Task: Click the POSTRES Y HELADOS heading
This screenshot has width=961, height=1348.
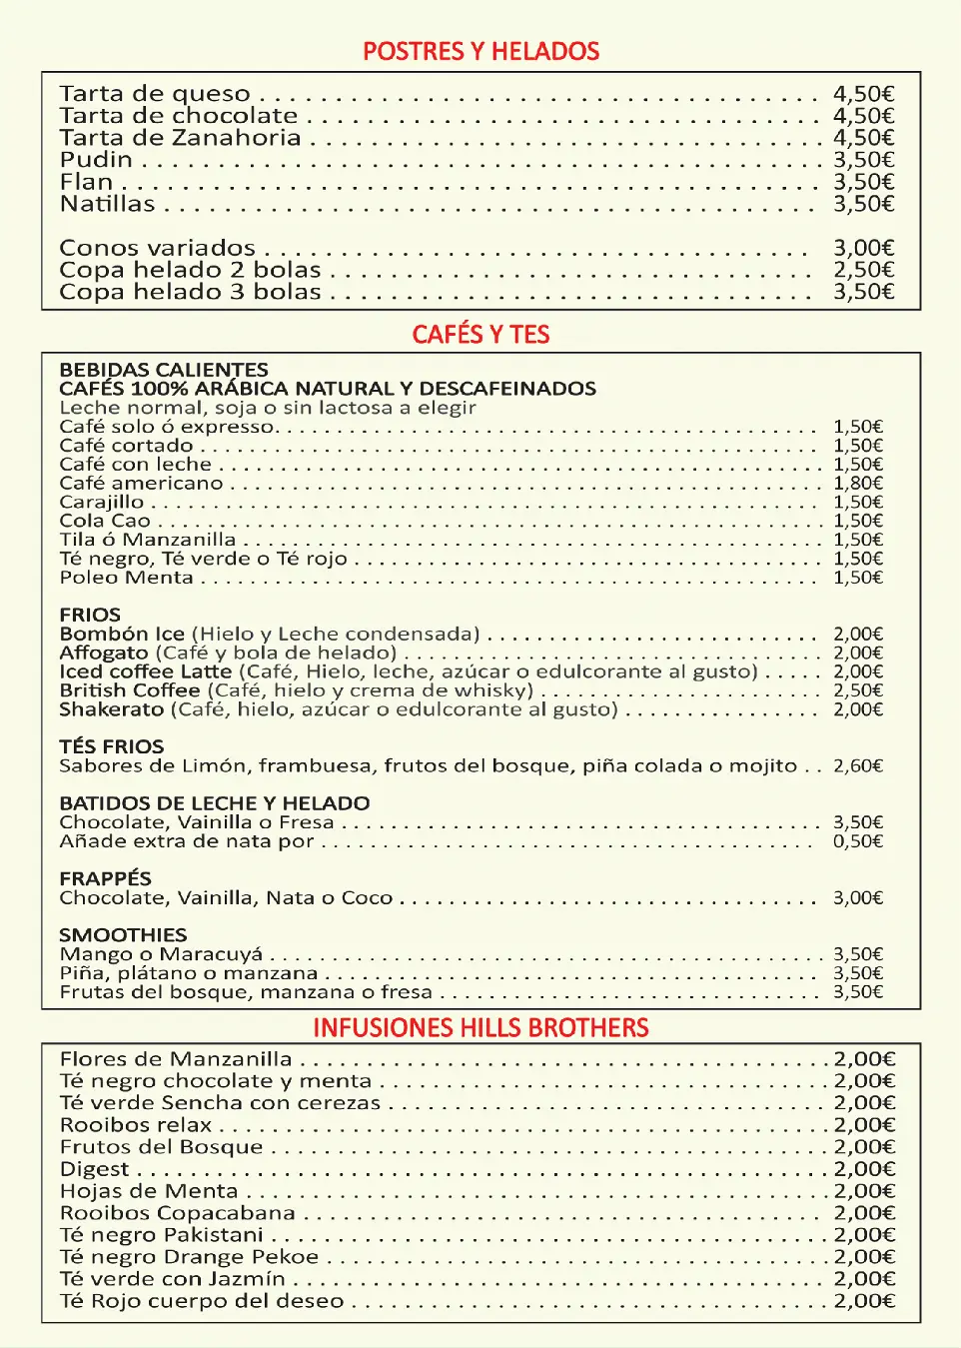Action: point(480,52)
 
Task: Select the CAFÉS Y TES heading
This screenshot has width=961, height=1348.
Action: point(480,335)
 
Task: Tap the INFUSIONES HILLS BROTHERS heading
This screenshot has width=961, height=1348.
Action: point(480,1028)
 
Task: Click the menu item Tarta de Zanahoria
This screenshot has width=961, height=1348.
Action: point(180,138)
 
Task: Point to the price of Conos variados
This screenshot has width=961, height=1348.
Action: point(863,248)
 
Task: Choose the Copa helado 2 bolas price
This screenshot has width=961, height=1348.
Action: point(863,270)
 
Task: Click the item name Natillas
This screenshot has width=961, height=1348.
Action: point(108,204)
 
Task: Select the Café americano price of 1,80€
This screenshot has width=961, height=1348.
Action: point(858,484)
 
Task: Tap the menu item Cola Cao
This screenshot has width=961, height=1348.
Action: point(105,521)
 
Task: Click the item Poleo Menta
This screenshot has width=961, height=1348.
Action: point(126,578)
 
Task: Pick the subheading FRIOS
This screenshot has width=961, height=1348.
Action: point(90,615)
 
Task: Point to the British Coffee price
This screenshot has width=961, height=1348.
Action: point(858,690)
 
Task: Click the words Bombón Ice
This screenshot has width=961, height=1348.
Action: point(122,634)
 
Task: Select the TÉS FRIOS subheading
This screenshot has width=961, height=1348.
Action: point(111,746)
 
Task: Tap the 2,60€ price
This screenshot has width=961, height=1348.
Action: point(858,766)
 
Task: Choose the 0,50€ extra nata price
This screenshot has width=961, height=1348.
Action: point(858,841)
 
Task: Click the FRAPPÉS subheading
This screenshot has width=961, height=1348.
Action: point(105,878)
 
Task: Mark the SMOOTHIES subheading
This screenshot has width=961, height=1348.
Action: point(123,935)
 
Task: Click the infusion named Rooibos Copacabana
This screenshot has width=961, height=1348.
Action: point(178,1213)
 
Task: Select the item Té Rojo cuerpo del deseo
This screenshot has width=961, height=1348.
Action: point(202,1301)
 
